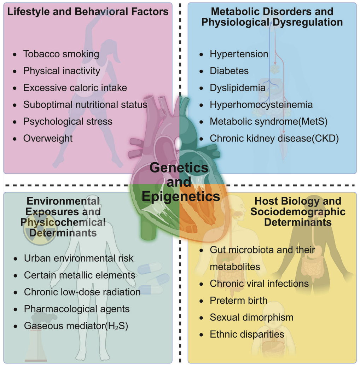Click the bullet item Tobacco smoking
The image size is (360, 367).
click(61, 54)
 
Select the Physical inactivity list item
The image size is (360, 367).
click(62, 71)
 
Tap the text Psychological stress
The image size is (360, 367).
click(68, 122)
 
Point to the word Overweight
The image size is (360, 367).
click(48, 138)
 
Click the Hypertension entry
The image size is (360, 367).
click(239, 54)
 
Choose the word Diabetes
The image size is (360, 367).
click(229, 71)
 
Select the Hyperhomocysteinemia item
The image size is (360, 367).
click(261, 105)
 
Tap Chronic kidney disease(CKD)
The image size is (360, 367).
click(274, 138)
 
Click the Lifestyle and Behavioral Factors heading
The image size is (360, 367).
click(88, 12)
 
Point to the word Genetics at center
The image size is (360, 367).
click(179, 168)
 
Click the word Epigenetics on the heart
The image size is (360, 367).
click(181, 196)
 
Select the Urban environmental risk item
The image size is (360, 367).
click(79, 258)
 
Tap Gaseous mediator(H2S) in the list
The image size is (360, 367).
click(76, 326)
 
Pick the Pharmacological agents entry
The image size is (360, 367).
click(77, 309)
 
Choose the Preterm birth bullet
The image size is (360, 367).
click(238, 301)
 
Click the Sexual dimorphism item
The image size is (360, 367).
click(252, 318)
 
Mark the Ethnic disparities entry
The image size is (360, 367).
click(247, 334)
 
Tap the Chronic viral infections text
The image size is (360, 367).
click(259, 284)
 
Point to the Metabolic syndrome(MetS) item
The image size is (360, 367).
click(269, 122)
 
